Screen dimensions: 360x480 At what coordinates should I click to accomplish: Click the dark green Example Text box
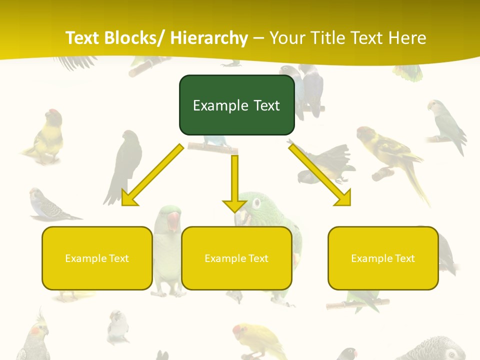[236, 105]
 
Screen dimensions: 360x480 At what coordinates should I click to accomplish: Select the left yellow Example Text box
[97, 258]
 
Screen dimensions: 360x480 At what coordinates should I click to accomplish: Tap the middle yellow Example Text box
[236, 258]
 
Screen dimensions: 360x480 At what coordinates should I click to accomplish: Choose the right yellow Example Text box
[383, 258]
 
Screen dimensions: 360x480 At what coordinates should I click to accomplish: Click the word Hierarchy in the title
[209, 38]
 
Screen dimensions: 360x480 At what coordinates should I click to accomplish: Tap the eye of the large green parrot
[256, 203]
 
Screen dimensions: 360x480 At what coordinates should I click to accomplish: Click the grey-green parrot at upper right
[445, 122]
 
